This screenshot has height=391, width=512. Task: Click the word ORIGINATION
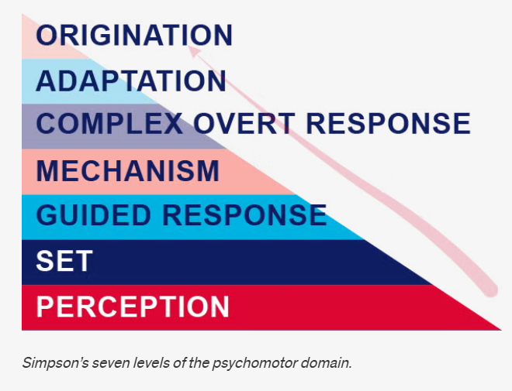[x=134, y=35]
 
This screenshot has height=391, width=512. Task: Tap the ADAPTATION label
[x=131, y=81]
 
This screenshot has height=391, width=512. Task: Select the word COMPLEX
[x=109, y=123]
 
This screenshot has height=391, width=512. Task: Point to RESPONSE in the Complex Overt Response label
[x=389, y=123]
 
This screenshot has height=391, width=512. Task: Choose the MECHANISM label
[x=128, y=170]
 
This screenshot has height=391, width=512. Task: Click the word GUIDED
[x=93, y=215]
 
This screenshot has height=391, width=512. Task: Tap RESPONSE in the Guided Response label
[x=244, y=215]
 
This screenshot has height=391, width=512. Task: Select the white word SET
[x=64, y=261]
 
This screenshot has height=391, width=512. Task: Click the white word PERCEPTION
[x=133, y=306]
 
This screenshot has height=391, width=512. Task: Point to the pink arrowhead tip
[x=189, y=47]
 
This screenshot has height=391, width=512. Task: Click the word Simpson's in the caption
[x=56, y=362]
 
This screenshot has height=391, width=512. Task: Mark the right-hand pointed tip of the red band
[x=501, y=330]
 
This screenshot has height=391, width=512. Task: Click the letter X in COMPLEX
[x=173, y=123]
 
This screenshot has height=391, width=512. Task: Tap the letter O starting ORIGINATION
[x=46, y=35]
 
